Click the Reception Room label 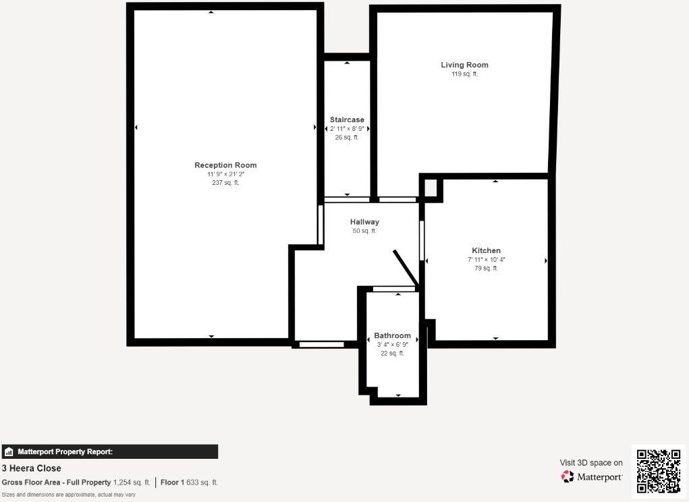(x=225, y=165)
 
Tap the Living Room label (x=464, y=65)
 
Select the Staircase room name (x=347, y=119)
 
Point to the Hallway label (x=364, y=222)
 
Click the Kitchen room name (x=486, y=250)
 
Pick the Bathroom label (x=392, y=335)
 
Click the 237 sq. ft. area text (x=225, y=183)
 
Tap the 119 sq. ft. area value (x=464, y=74)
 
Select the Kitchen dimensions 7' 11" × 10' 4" (x=486, y=260)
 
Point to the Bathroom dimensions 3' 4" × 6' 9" (x=392, y=345)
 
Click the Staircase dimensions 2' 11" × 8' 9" (x=347, y=128)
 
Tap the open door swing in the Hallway (x=406, y=268)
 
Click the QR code (x=659, y=471)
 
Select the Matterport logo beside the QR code (x=591, y=477)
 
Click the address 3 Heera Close (x=31, y=468)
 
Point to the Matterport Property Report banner (x=109, y=452)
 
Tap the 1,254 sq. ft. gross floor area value (x=132, y=482)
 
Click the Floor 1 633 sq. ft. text (x=189, y=482)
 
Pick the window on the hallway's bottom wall (x=321, y=345)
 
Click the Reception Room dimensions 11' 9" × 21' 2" (x=225, y=175)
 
